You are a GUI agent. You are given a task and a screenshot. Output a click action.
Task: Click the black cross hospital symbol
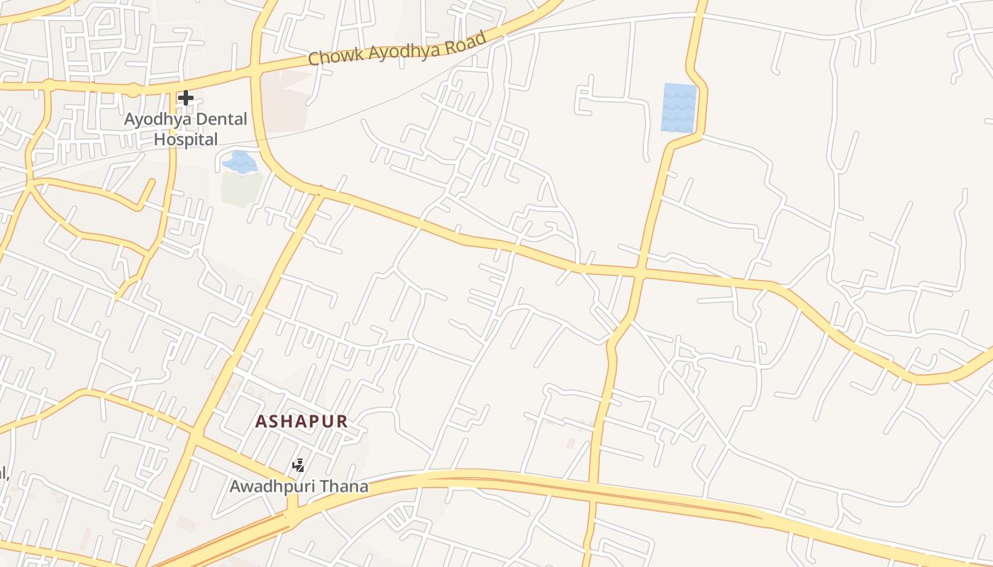pyautogui.click(x=186, y=98)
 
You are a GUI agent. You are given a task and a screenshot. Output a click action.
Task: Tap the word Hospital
pyautogui.click(x=186, y=140)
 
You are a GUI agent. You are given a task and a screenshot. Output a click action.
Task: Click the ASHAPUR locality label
pyautogui.click(x=301, y=422)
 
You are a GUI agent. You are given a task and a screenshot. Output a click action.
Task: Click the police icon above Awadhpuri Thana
pyautogui.click(x=299, y=466)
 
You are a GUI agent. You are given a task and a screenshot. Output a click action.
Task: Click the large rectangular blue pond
pyautogui.click(x=679, y=108)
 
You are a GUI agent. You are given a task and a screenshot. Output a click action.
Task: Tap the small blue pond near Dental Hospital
pyautogui.click(x=240, y=162)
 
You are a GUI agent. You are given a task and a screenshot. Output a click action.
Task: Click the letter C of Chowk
pyautogui.click(x=314, y=59)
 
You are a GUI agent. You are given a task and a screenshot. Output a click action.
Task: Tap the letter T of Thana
pyautogui.click(x=326, y=486)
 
